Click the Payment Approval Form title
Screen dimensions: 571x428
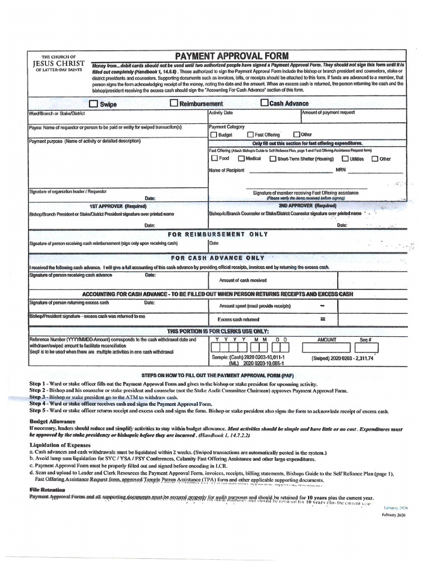click(232, 56)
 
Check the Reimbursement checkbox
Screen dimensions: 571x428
click(174, 103)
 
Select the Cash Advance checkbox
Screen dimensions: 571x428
click(264, 103)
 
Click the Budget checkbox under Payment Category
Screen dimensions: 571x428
click(213, 135)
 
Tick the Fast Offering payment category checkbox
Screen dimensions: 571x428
click(250, 135)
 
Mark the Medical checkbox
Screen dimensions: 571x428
click(241, 158)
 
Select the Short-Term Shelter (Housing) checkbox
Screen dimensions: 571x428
click(273, 158)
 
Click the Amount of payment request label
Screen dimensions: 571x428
click(328, 113)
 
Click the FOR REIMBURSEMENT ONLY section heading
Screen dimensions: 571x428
click(220, 235)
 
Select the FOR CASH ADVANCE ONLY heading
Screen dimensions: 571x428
click(217, 258)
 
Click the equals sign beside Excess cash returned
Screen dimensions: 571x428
click(322, 320)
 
